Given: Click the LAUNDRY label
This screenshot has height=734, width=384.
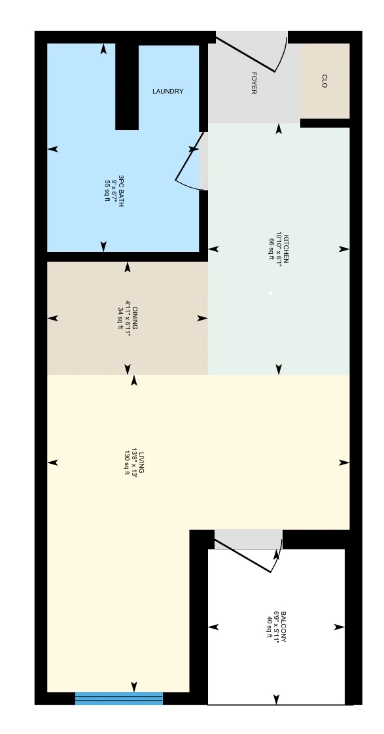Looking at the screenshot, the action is tap(167, 92).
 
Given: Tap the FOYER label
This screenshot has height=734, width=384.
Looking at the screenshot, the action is tap(254, 83).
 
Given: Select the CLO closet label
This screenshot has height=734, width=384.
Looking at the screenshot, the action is tap(324, 81).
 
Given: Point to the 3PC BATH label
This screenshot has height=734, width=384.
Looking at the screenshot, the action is tap(121, 191).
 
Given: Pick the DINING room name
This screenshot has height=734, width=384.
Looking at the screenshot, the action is tap(135, 319).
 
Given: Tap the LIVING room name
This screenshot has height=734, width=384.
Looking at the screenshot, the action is tap(141, 463).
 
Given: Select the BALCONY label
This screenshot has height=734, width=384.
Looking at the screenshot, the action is tap(284, 627).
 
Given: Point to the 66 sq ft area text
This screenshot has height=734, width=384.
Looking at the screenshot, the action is tap(271, 249).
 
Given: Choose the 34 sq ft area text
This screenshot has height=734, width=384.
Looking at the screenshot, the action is tap(120, 319).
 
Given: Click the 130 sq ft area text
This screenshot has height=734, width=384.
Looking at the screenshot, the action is tap(126, 463).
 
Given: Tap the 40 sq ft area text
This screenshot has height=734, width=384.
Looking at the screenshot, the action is tap(270, 627).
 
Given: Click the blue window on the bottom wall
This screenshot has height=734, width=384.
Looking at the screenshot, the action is tap(119, 699).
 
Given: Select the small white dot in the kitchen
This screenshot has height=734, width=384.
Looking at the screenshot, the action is tap(271, 293).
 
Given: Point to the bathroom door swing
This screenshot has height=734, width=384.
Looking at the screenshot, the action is tap(190, 162).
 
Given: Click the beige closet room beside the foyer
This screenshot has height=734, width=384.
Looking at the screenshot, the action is tap(325, 81).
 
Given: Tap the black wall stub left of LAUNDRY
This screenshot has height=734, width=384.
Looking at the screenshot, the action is tap(127, 87).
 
